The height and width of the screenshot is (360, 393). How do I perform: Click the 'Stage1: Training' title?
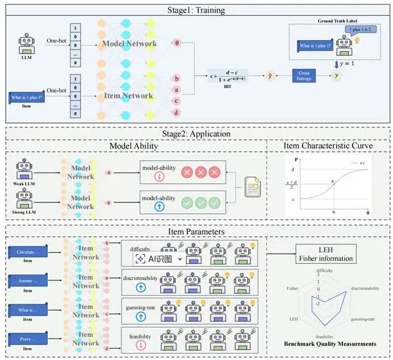pyautogui.click(x=196, y=10)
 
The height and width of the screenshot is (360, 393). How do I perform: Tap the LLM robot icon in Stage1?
pyautogui.click(x=26, y=43)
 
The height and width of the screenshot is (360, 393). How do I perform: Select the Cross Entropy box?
pyautogui.click(x=305, y=76)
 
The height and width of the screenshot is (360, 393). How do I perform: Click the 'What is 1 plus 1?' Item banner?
pyautogui.click(x=26, y=98)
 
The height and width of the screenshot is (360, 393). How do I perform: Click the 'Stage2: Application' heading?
pyautogui.click(x=196, y=134)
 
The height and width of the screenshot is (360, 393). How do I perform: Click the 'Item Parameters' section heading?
pyautogui.click(x=196, y=232)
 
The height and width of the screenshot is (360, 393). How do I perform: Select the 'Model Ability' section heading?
pyautogui.click(x=135, y=146)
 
